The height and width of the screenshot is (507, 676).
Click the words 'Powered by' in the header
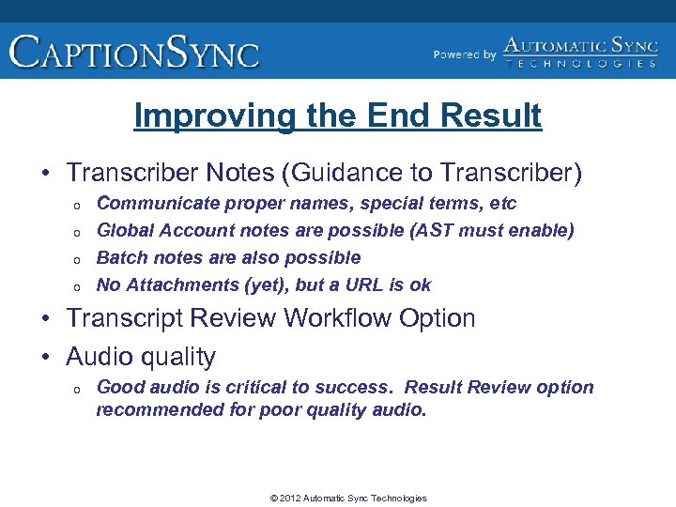465,55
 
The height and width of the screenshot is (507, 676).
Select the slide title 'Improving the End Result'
338,116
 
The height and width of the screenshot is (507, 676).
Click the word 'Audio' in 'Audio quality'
99,358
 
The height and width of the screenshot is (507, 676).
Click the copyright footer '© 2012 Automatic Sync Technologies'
348,499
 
